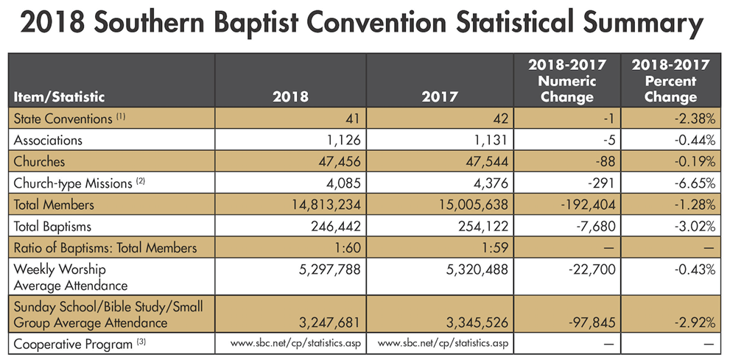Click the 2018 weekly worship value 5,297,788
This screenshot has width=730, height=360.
point(326,271)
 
